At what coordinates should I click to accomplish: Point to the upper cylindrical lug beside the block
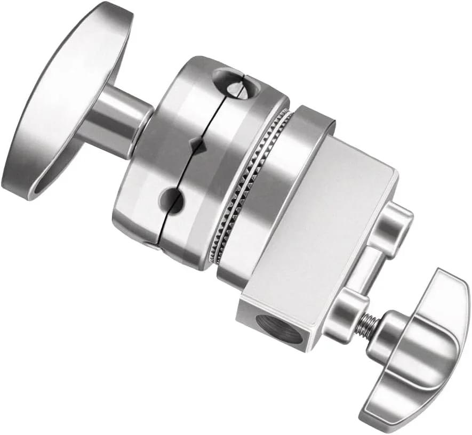click(x=395, y=224)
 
